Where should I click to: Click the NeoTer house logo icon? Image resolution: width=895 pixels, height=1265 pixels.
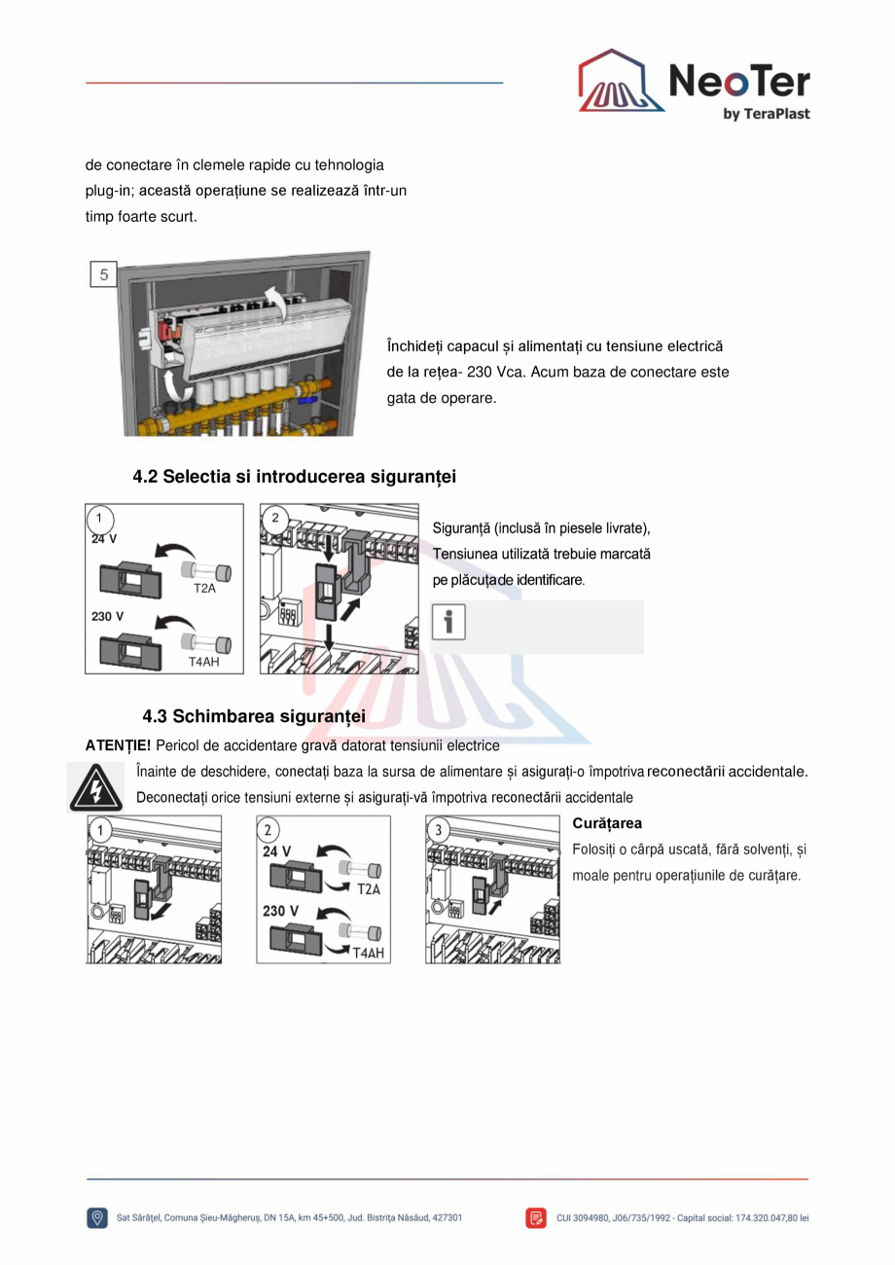622,82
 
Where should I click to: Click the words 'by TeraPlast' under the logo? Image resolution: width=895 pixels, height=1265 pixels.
767,114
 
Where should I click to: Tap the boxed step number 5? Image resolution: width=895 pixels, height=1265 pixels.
104,274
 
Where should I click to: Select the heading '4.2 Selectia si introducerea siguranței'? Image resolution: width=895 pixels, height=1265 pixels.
294,477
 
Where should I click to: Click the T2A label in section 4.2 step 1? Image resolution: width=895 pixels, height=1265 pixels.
204,589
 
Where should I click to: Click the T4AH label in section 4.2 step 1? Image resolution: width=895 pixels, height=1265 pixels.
204,662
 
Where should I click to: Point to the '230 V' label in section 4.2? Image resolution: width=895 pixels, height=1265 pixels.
107,616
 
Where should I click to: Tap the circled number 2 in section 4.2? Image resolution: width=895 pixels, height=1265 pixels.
275,518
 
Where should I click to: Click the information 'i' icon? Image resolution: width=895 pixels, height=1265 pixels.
448,622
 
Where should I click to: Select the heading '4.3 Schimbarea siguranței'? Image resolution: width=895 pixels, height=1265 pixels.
253,716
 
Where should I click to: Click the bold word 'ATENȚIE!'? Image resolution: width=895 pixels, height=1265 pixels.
118,745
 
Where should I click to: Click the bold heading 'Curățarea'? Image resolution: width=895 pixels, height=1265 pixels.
606,823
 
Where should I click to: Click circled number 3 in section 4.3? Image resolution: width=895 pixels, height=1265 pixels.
440,830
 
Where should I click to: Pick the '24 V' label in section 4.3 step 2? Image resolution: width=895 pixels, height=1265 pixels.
276,850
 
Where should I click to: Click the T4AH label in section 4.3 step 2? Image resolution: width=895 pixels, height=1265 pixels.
369,954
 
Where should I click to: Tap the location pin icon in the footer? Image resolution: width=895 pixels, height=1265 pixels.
97,1218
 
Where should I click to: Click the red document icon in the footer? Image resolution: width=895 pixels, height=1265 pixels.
536,1218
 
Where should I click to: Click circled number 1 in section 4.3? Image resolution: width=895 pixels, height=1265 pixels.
100,830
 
